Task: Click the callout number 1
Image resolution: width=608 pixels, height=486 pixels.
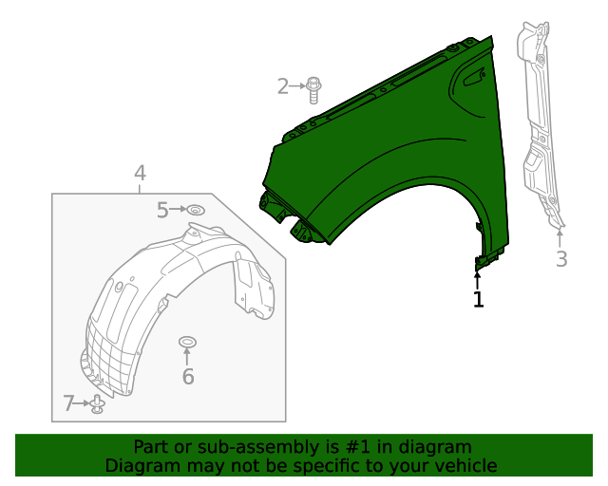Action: pos(478,300)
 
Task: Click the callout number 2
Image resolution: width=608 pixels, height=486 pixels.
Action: pos(282,87)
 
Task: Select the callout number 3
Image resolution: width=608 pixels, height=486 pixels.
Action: pos(561,258)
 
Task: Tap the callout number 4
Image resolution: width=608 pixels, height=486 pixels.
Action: pos(140,173)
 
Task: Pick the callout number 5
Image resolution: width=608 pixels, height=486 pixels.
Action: pos(162,210)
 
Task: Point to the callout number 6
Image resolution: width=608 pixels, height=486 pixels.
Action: pos(188,377)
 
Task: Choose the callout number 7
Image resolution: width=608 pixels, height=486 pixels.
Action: pos(68,404)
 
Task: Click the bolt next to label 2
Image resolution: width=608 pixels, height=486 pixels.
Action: pos(314,88)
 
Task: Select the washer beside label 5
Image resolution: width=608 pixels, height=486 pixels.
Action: pos(195,210)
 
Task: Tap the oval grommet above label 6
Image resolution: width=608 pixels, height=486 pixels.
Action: pos(187,341)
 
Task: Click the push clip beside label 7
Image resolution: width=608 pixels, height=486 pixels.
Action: pos(97,405)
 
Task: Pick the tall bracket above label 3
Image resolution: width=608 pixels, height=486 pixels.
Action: pos(537,123)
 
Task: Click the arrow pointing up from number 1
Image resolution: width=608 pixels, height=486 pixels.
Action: pos(478,278)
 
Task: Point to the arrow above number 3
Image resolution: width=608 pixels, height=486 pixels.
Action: pos(560,236)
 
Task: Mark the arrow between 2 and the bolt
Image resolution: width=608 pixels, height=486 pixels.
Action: pos(298,87)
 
